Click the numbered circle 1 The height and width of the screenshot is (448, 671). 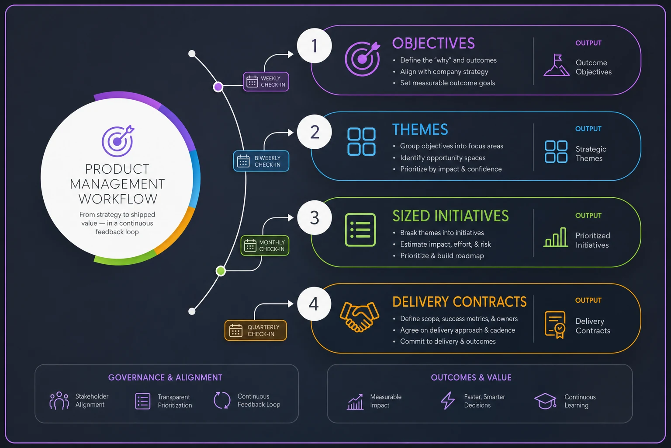tap(314, 45)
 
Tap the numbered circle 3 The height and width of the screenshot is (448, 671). tap(314, 217)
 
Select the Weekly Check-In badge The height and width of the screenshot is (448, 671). tap(266, 81)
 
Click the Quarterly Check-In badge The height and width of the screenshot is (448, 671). tap(256, 330)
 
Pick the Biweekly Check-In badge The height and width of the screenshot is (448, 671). tap(261, 161)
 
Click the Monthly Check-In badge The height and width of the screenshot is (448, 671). tap(265, 245)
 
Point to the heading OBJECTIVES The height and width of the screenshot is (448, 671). tap(433, 43)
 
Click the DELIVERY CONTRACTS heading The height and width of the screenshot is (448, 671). tap(459, 302)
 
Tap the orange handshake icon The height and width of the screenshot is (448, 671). tap(360, 317)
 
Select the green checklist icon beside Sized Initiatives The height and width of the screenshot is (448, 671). tap(360, 230)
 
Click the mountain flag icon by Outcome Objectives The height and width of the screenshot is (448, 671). tap(556, 65)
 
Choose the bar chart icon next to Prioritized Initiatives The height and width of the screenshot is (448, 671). tap(556, 238)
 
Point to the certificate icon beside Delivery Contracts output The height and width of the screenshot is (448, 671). tap(555, 325)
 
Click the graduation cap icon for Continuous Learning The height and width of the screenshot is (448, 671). tap(545, 401)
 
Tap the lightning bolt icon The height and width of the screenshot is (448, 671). tap(447, 401)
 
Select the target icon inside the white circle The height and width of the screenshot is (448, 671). tap(118, 141)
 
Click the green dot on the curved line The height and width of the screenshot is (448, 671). tap(221, 271)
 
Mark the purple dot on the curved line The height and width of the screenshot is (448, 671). tap(218, 87)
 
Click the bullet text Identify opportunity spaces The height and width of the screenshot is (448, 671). tap(443, 158)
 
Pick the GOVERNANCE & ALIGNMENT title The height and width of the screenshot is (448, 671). tap(165, 378)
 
